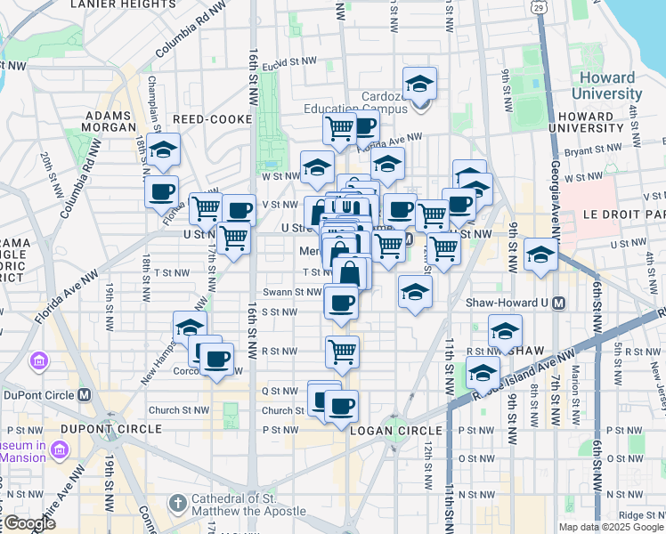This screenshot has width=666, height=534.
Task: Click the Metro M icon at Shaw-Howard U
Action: [559, 303]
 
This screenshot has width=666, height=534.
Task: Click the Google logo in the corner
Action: [28, 523]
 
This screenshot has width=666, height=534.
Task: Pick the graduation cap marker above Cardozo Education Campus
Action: [419, 85]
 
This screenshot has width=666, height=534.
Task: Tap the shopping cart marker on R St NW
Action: [342, 352]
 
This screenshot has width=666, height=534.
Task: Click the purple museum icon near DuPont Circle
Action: [38, 362]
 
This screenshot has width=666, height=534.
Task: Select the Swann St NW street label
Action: [292, 292]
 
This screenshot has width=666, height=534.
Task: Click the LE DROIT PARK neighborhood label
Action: [624, 214]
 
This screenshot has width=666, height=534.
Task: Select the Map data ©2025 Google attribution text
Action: [611, 527]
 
